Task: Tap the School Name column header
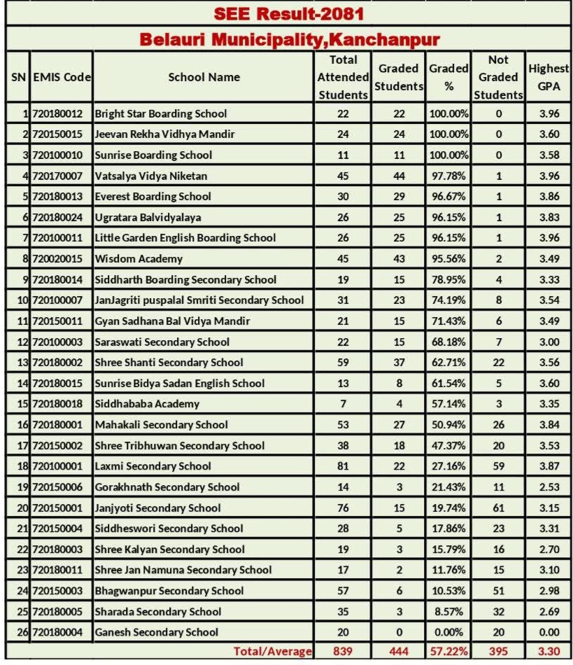(204, 77)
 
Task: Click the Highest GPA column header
(549, 77)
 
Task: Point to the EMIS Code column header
(62, 77)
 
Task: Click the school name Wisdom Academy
(139, 258)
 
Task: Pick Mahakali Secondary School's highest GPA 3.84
(549, 424)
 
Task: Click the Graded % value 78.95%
(449, 279)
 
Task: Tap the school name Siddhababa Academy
(147, 404)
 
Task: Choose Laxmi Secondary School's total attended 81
(343, 466)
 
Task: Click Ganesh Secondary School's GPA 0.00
(549, 632)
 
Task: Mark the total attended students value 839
(343, 652)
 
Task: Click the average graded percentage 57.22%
(449, 652)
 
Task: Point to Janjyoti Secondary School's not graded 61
(498, 507)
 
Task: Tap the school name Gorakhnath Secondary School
(167, 487)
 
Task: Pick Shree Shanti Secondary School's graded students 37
(399, 363)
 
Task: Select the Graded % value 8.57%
(449, 611)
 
